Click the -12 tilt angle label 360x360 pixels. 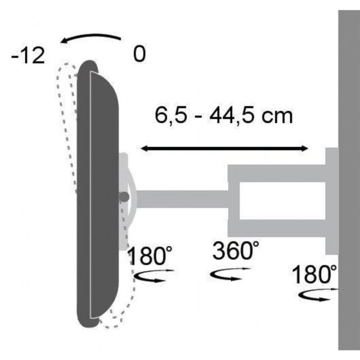coord(28,57)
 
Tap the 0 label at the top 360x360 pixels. coord(139,55)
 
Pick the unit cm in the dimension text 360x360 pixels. coord(279,116)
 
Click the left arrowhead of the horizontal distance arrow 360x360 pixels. coord(144,148)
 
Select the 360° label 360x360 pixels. coord(236,251)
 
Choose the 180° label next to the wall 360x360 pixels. coord(314,275)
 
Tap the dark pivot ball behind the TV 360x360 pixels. coord(123,196)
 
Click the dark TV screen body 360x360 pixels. coord(101,191)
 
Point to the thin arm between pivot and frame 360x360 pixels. coord(180,199)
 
